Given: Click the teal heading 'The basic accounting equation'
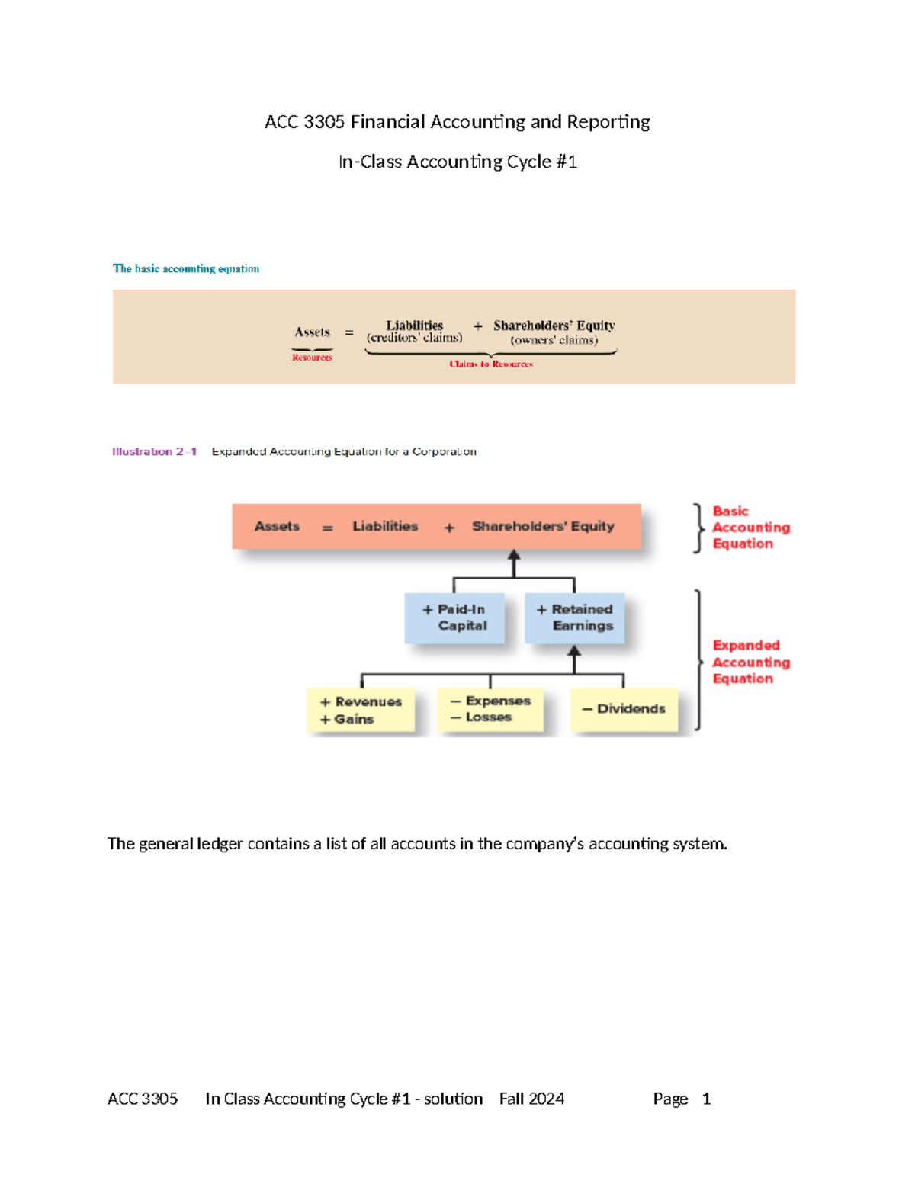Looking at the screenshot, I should pos(186,268).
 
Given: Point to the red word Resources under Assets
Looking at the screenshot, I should pos(312,358).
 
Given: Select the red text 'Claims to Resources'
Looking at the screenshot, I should pos(491,364).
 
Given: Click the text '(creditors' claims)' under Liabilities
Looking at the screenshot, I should pos(414,338).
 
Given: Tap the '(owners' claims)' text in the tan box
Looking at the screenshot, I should pos(554,340).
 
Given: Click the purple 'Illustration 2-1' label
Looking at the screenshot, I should pos(154,451).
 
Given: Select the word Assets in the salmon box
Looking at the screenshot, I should pos(277,526).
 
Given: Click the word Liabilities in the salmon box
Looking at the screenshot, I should pos(385,526).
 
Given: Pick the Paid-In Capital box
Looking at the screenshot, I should pos(454,618).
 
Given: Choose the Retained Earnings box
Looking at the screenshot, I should pos(574,618).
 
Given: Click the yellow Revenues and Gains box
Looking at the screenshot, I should pos(361,711).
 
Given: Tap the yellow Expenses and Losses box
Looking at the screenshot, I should pos(490,709).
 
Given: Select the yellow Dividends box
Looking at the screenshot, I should pos(624,709).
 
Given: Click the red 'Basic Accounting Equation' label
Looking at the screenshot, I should pos(750,528).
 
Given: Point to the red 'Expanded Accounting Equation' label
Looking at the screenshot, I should pos(750,662).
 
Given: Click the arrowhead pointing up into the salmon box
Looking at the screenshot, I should pos(514,556).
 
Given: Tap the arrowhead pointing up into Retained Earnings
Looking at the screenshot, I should pos(574,651).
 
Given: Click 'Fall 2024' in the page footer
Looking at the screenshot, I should pos(531,1099).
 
